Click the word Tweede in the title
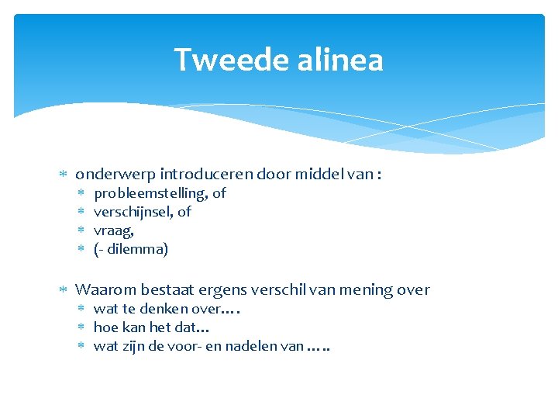click(x=222, y=60)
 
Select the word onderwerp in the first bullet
click(x=109, y=175)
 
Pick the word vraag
click(x=112, y=230)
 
